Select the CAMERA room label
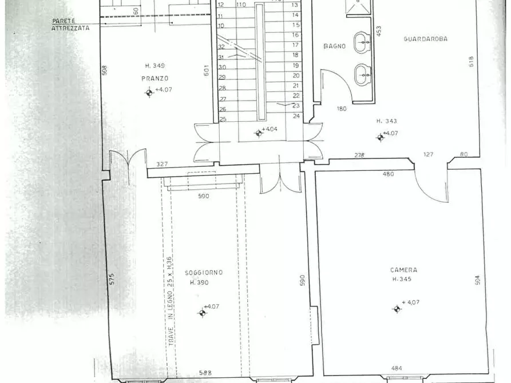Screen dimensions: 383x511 403,270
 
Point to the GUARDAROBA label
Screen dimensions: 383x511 425,39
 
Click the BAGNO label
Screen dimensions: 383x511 334,46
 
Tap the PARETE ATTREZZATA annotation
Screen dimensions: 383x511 70,24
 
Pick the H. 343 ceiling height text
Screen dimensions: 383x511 387,121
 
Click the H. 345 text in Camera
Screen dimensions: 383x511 403,279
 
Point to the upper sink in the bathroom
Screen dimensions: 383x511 362,41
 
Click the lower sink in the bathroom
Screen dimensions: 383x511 362,73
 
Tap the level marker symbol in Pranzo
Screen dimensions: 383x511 149,91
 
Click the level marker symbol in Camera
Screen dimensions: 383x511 397,309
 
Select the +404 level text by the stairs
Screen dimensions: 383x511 270,129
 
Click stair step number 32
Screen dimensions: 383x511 221,47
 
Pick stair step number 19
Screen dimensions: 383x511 296,65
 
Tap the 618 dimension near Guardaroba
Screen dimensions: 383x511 472,61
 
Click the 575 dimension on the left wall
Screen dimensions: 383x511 112,278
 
